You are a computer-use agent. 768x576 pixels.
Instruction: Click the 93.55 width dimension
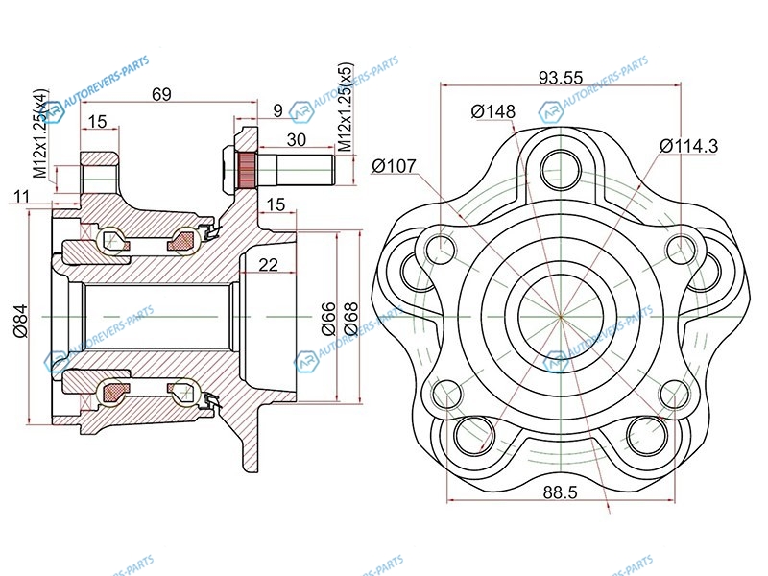point(562,78)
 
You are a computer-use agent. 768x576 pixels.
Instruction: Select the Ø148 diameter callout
point(493,112)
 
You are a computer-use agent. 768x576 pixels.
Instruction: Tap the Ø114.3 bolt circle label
point(689,146)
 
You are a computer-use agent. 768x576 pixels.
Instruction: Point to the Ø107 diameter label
point(394,166)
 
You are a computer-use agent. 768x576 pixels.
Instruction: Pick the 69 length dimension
point(161,94)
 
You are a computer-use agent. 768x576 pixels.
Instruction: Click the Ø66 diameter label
point(327,317)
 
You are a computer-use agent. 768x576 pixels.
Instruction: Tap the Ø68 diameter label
point(350,317)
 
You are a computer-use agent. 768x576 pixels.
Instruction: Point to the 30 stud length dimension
point(297,139)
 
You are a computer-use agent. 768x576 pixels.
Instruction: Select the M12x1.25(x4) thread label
point(40,134)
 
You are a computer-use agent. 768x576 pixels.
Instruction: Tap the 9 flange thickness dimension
point(276,111)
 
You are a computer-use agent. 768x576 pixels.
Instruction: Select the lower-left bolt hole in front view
point(472,434)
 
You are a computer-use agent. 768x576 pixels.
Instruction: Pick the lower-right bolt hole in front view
point(647,434)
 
